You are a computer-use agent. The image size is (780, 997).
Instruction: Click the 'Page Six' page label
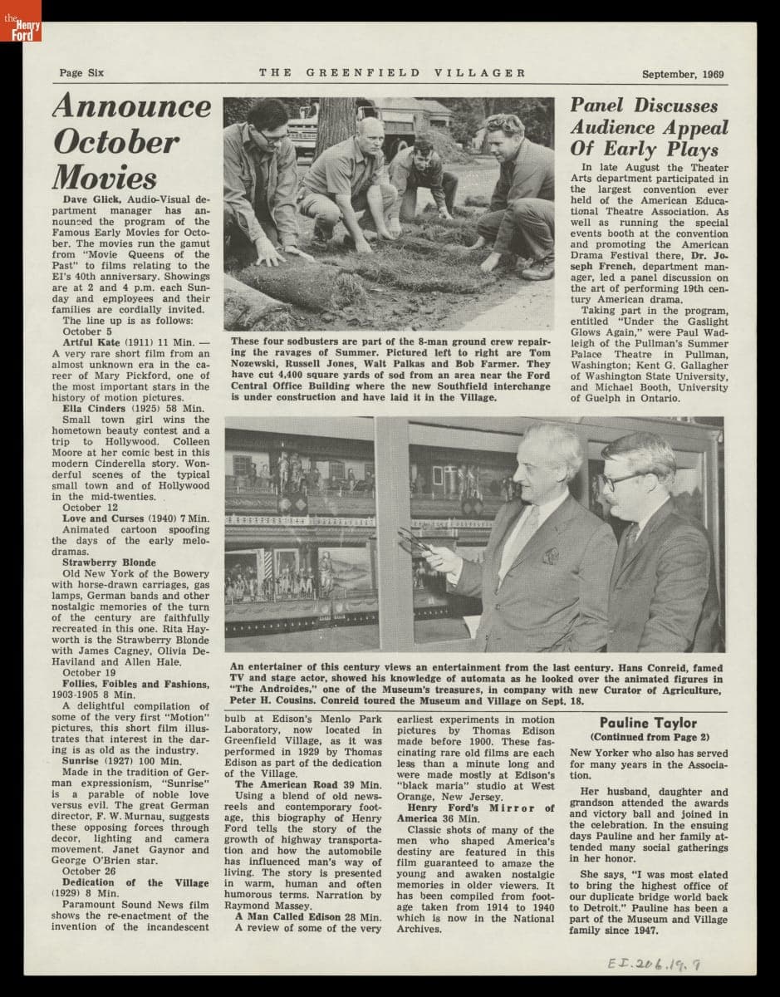coord(81,73)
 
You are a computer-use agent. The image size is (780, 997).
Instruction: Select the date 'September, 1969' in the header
coord(682,74)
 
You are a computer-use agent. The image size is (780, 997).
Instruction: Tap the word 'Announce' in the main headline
coord(132,106)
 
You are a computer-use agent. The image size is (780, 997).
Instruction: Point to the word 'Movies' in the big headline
coord(105,177)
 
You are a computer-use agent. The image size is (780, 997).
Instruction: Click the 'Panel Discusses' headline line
coord(643,106)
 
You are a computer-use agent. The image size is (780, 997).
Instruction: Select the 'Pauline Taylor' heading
coord(648,723)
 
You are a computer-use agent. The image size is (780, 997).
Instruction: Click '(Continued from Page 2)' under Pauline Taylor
coord(649,737)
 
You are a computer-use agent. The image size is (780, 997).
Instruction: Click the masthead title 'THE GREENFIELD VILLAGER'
coord(392,73)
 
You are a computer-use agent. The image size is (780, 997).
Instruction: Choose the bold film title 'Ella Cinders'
coord(94,408)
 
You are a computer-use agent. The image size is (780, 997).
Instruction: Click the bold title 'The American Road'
coord(285,784)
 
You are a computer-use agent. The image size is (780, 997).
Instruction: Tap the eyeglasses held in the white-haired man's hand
coord(415,541)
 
